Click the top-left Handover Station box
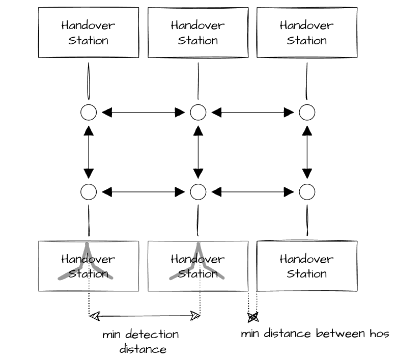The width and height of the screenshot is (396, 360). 89,33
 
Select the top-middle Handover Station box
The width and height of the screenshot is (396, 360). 198,33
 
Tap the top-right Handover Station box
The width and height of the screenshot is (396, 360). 307,33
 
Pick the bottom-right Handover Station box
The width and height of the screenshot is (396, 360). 307,266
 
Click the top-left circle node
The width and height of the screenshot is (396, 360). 89,113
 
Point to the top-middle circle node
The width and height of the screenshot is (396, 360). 198,113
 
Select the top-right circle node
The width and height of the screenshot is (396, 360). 307,113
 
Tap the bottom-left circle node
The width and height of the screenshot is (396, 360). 89,192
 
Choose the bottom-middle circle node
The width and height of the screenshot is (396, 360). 198,192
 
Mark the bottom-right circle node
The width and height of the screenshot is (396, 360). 307,192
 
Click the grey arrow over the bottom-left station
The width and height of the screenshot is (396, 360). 87,262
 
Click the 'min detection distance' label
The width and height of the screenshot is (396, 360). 141,342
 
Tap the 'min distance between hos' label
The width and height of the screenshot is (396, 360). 315,334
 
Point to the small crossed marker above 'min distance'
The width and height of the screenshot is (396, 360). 253,317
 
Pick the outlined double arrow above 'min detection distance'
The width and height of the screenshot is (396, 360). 145,316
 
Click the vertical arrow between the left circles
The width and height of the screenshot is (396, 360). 89,152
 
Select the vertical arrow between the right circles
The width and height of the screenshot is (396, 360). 307,152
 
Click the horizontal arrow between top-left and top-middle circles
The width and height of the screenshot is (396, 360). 143,113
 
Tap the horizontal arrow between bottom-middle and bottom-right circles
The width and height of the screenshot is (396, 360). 252,192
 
